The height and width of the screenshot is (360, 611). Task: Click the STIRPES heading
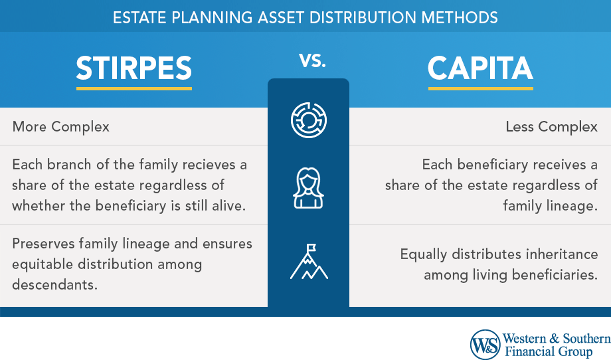(133, 68)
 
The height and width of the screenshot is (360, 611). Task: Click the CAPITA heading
(480, 68)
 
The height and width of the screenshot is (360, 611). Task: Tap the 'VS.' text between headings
(312, 60)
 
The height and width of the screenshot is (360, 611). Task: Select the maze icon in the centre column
(309, 120)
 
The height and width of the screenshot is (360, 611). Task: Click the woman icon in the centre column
(308, 188)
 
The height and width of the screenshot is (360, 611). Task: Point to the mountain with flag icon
(309, 262)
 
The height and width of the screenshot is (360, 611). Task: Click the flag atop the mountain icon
(311, 248)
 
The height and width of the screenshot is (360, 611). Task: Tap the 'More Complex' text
(61, 127)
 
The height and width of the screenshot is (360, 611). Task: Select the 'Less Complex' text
(551, 127)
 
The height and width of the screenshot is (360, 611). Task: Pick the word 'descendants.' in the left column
(54, 284)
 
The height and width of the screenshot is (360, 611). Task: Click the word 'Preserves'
(43, 244)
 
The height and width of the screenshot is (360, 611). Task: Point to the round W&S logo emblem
(485, 345)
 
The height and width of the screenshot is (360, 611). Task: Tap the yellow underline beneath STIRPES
(134, 88)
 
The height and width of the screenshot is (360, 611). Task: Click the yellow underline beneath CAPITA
(480, 88)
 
